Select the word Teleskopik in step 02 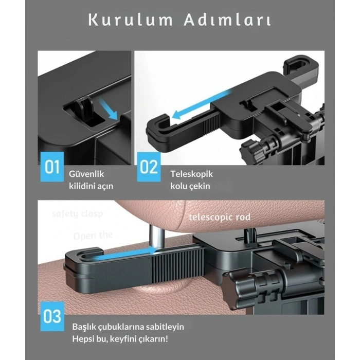pyautogui.click(x=191, y=174)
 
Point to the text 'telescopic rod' pyautogui.click(x=220, y=217)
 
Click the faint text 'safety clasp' pyautogui.click(x=77, y=213)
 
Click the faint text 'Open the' pyautogui.click(x=93, y=236)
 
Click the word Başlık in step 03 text pyautogui.click(x=84, y=327)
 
